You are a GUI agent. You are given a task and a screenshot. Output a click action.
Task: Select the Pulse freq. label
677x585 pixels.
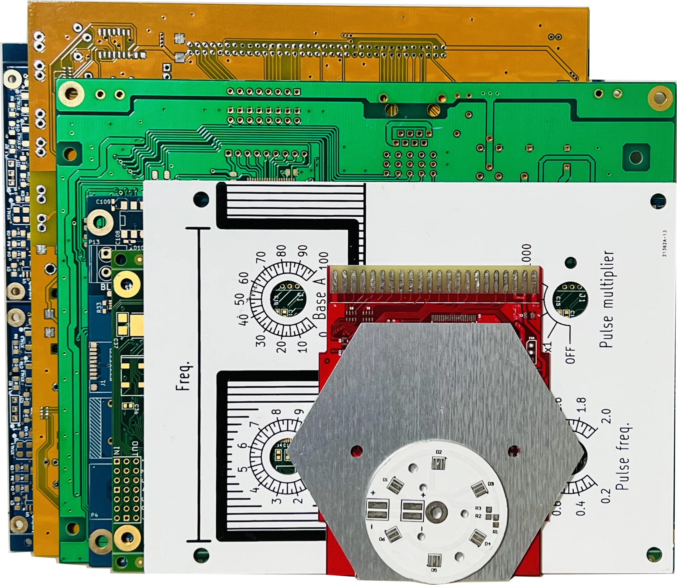coord(623,462)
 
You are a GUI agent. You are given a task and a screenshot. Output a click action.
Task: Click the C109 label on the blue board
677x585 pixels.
coord(103,202)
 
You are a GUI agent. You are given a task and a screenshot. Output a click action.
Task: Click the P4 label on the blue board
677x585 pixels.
coord(94,515)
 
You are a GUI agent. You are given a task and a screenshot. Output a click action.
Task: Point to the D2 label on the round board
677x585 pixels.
coord(439,452)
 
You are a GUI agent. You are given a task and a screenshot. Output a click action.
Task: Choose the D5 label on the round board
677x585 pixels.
coord(434,570)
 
